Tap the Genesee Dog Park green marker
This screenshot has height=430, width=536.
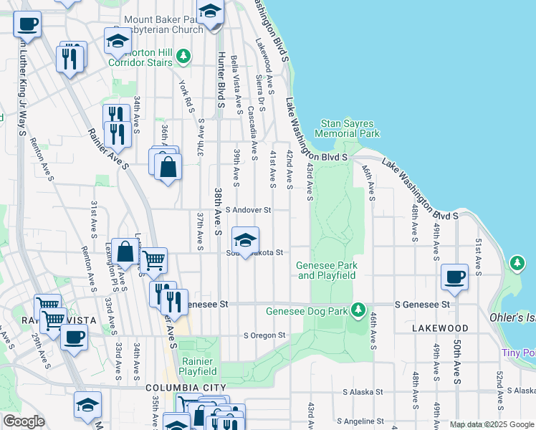pyautogui.click(x=361, y=310)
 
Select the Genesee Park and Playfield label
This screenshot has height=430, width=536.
pyautogui.click(x=327, y=270)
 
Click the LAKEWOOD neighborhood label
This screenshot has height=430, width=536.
pyautogui.click(x=440, y=328)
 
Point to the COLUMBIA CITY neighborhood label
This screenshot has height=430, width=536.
pyautogui.click(x=181, y=388)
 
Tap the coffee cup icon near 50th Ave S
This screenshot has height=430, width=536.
pyautogui.click(x=454, y=277)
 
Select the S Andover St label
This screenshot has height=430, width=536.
pyautogui.click(x=248, y=210)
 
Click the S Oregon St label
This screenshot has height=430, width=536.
pyautogui.click(x=264, y=335)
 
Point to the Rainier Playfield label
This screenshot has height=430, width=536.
pyautogui.click(x=198, y=366)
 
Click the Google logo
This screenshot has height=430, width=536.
pyautogui.click(x=24, y=421)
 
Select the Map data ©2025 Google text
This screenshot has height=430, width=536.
pyautogui.click(x=491, y=424)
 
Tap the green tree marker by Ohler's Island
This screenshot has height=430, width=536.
pyautogui.click(x=517, y=263)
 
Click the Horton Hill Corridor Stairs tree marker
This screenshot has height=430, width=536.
pyautogui.click(x=183, y=54)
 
